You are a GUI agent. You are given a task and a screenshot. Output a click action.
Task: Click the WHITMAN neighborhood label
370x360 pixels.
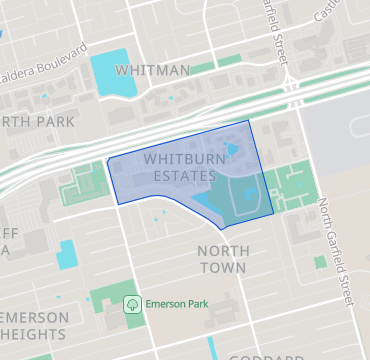click(153, 70)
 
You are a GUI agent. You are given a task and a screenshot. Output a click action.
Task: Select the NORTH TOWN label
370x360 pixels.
click(222, 259)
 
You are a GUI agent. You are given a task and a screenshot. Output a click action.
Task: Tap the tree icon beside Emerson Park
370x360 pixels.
click(130, 302)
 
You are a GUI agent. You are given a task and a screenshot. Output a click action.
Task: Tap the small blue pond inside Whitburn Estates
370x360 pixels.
click(233, 151)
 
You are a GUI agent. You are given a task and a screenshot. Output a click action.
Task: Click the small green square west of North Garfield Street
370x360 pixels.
click(320, 262)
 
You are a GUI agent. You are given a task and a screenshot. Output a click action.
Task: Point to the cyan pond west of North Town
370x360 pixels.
click(67, 253)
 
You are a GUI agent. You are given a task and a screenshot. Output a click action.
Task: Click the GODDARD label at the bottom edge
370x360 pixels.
click(265, 355)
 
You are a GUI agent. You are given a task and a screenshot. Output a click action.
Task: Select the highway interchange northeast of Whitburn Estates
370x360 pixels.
click(291, 91)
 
